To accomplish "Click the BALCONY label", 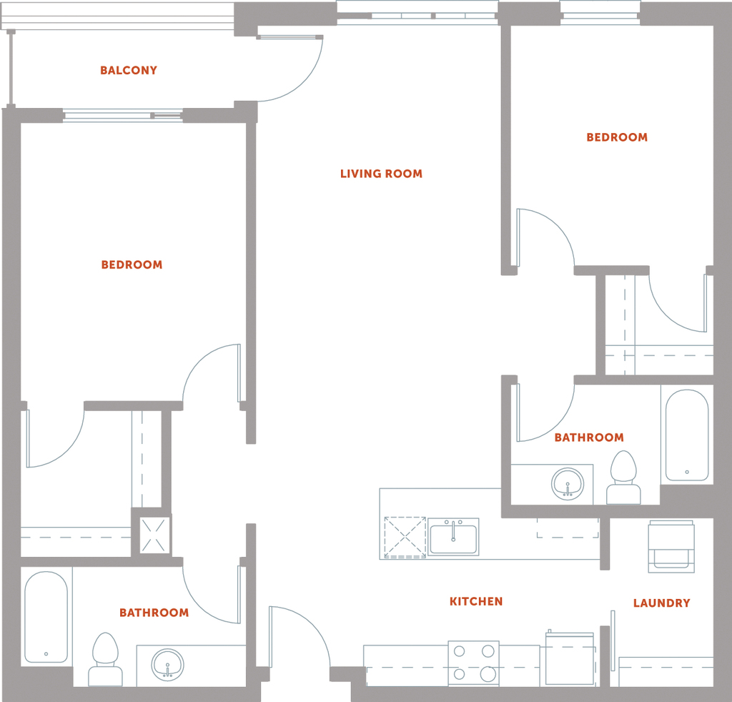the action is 129,71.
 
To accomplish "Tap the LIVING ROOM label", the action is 381,174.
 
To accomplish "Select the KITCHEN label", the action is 476,601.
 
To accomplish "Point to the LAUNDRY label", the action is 661,603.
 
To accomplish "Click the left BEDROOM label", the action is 132,265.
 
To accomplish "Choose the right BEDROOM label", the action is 617,137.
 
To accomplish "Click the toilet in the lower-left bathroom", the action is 106,659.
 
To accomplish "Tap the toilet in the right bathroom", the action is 623,478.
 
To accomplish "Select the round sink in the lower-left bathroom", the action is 167,664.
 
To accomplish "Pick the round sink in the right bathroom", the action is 568,484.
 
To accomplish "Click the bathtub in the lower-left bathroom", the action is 46,617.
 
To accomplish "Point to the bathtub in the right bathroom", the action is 687,435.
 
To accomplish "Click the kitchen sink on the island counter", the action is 453,536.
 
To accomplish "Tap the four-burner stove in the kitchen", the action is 474,663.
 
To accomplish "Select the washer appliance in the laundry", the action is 671,547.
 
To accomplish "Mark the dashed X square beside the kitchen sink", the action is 405,538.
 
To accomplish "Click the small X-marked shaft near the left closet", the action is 153,535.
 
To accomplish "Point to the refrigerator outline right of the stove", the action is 570,660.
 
